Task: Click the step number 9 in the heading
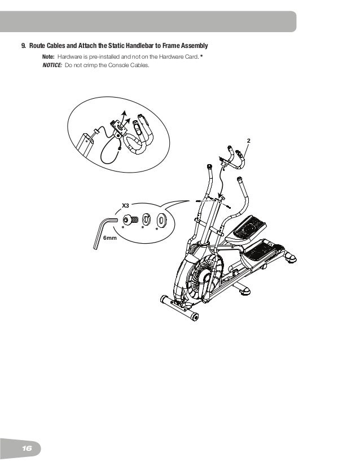[x=24, y=45]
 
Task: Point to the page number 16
[x=26, y=448]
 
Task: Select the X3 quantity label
[x=126, y=206]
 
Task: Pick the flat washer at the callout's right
[x=161, y=219]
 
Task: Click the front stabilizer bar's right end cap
[x=195, y=317]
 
